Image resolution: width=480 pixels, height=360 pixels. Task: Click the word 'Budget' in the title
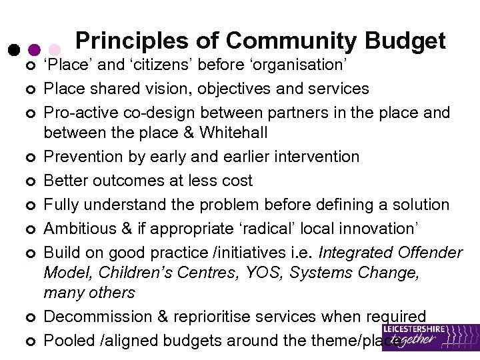(x=405, y=42)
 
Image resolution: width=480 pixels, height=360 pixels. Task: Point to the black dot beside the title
(x=13, y=50)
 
